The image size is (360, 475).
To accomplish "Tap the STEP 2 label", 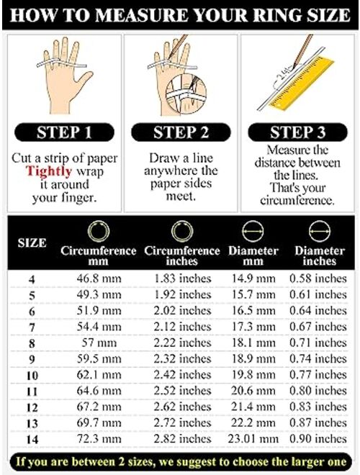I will point(180,133).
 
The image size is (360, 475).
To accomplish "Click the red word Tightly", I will point(48,171).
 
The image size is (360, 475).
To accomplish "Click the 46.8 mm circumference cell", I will point(99,278).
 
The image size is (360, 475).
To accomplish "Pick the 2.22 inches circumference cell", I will point(183,343).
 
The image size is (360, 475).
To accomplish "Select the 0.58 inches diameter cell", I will point(318,278).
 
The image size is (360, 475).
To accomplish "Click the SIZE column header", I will point(32,243).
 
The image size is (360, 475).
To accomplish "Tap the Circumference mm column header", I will point(99,256).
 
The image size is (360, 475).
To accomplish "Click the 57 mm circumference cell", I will point(99,343).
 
